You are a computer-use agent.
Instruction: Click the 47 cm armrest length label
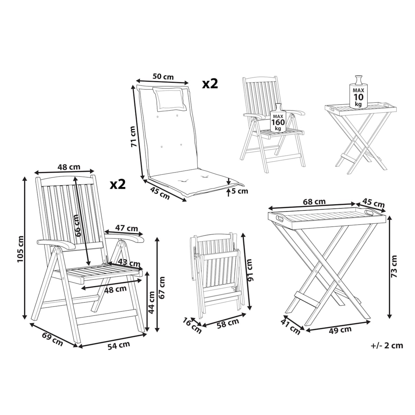pyautogui.click(x=127, y=228)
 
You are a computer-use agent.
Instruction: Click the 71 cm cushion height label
pyautogui.click(x=134, y=137)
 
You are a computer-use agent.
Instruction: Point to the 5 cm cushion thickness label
pyautogui.click(x=240, y=191)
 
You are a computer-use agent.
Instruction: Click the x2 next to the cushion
pyautogui.click(x=210, y=84)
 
